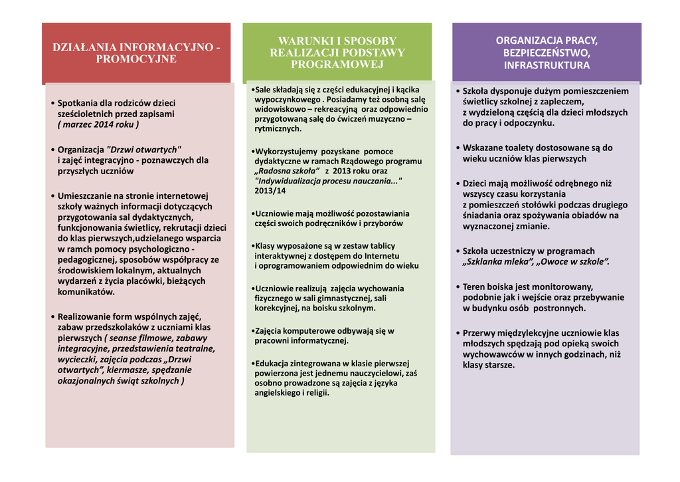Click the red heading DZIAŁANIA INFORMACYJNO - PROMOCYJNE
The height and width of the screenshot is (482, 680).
(x=136, y=53)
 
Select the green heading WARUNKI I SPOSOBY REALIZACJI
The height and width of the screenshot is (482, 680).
(x=337, y=53)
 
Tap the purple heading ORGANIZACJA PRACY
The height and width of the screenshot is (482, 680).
(x=546, y=53)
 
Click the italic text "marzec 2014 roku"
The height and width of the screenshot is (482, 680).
(x=98, y=124)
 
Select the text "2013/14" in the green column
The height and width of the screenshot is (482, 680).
(x=270, y=191)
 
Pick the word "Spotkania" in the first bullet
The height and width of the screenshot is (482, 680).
(x=78, y=103)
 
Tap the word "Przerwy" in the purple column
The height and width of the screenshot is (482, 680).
(x=479, y=332)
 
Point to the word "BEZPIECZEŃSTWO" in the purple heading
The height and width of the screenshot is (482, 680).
(x=547, y=53)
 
